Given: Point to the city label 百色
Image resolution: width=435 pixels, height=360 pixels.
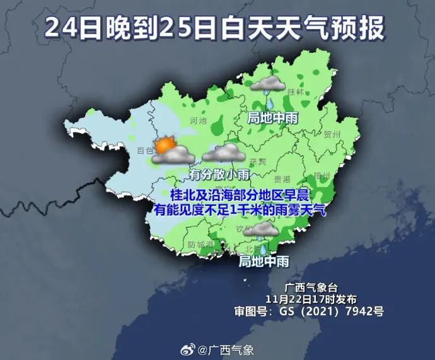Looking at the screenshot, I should (145, 150).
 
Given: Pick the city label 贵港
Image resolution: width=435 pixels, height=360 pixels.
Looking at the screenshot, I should (282, 179).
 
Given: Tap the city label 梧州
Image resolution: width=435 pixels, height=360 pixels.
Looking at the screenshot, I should (322, 176).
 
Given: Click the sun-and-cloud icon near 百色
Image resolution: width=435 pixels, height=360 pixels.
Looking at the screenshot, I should (170, 149).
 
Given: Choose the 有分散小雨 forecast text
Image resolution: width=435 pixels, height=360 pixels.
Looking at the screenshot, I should (219, 174).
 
